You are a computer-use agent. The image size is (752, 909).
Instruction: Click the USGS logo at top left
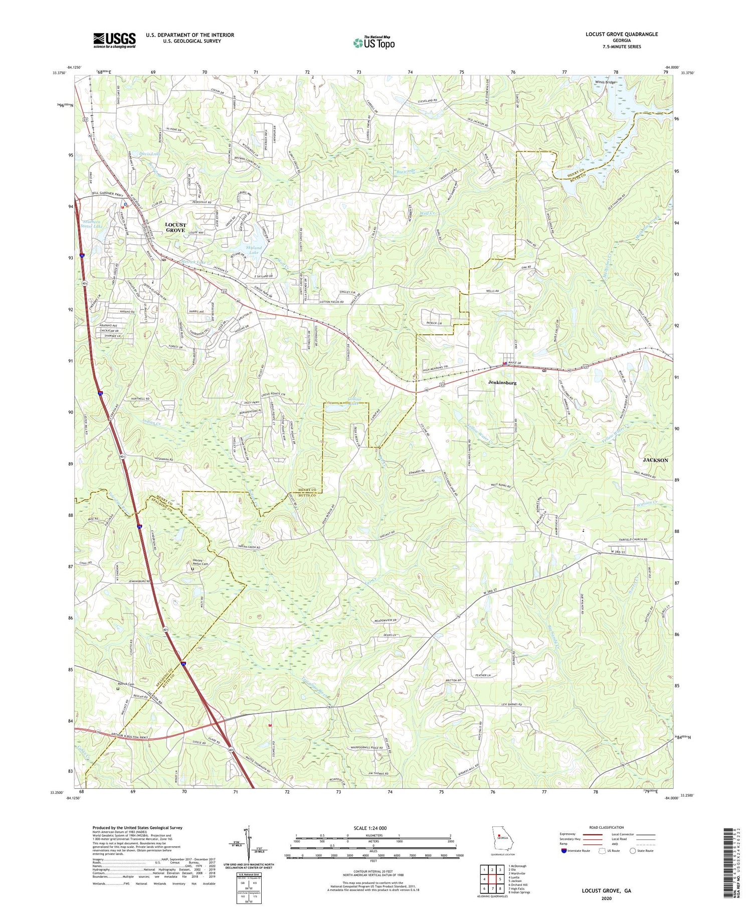(114, 40)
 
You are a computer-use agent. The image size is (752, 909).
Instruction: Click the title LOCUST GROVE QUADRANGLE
(622, 34)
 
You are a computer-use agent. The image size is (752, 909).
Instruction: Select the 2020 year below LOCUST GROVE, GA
(606, 897)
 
